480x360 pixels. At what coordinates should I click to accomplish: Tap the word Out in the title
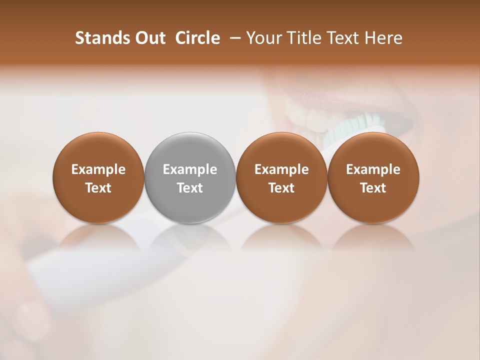150,38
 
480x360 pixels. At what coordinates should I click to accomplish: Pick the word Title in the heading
303,38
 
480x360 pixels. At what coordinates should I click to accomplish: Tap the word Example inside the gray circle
190,169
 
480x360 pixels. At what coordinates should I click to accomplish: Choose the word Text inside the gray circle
190,188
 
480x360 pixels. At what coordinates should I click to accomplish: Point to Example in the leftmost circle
98,169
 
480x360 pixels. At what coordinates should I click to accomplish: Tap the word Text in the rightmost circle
373,188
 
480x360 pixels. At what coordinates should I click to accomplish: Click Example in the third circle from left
281,169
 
